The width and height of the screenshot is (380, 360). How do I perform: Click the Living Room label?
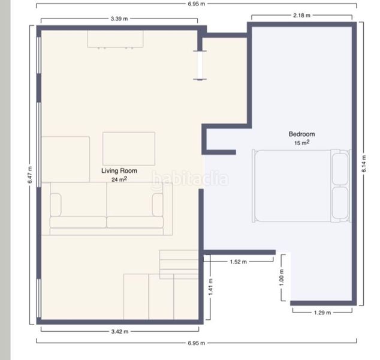(x=119, y=171)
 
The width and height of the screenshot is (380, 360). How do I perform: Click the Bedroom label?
(x=301, y=134)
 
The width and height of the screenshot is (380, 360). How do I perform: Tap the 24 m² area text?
(x=119, y=179)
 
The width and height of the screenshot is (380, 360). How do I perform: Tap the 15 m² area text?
(x=301, y=143)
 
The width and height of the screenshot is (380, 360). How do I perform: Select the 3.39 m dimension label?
(x=119, y=19)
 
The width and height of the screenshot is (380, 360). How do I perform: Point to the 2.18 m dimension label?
(x=301, y=15)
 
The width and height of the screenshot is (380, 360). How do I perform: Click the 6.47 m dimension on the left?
(x=30, y=175)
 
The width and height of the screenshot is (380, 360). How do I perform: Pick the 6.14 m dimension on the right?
(x=364, y=164)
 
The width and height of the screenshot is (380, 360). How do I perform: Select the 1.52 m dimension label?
(x=238, y=262)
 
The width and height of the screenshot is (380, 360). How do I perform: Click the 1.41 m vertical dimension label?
(x=210, y=287)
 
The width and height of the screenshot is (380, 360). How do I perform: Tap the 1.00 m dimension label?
(x=281, y=278)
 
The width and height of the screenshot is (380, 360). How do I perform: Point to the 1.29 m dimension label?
(x=322, y=313)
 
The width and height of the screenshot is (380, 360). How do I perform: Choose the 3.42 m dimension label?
(x=120, y=332)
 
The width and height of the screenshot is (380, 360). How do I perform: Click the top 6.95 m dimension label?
(x=197, y=4)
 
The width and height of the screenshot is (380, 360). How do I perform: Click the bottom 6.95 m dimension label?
(x=197, y=343)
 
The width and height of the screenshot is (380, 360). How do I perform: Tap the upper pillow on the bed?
(x=340, y=169)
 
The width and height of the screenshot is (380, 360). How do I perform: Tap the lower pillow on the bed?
(x=340, y=203)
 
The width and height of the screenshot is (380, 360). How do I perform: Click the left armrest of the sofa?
(x=56, y=205)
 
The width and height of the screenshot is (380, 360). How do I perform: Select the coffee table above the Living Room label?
(x=129, y=149)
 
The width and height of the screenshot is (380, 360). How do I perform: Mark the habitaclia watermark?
(x=190, y=179)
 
